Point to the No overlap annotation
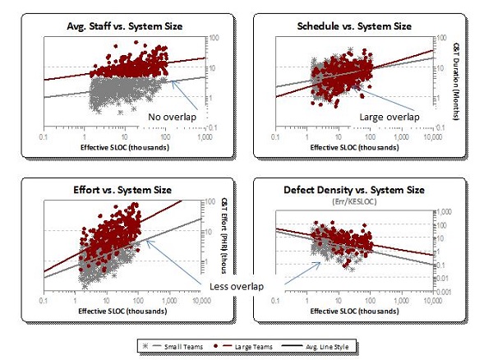[173, 117]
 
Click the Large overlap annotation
[389, 117]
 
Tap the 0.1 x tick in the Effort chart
[44, 301]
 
